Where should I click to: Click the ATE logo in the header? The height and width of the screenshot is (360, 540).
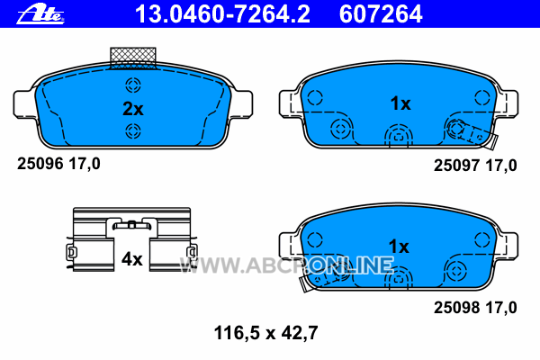click(x=40, y=14)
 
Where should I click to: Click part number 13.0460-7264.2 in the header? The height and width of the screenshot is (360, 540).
click(x=223, y=13)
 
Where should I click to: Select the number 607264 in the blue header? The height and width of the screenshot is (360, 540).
click(x=381, y=13)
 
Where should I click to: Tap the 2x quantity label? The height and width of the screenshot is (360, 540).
click(x=133, y=109)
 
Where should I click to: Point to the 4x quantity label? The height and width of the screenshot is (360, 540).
click(x=132, y=258)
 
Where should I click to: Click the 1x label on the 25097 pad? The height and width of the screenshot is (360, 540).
click(x=400, y=103)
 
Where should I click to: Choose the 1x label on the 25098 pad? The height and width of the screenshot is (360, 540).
click(x=399, y=247)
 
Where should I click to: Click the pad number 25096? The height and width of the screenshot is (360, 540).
click(x=40, y=163)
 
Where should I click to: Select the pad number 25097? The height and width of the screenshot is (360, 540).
click(x=456, y=166)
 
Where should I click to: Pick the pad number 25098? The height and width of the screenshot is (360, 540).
click(x=456, y=307)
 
